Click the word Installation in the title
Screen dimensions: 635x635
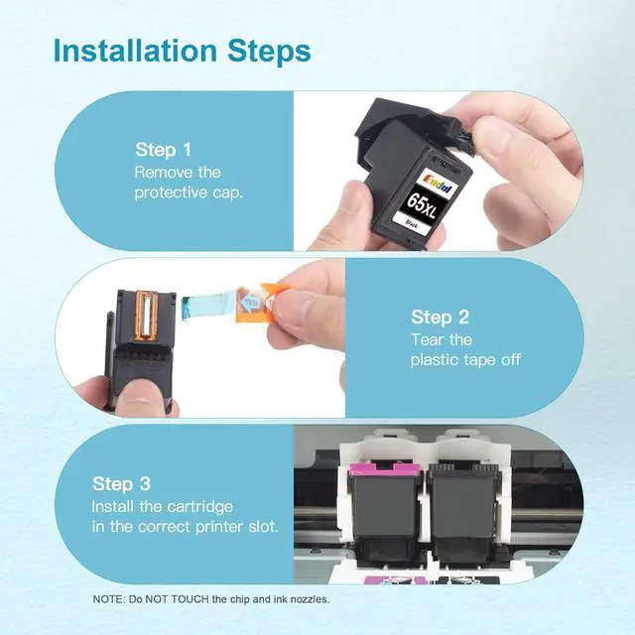tap(135, 51)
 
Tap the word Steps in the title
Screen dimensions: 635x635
tap(269, 51)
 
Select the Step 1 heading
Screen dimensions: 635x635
tap(163, 150)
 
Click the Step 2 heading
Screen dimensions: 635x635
tap(440, 317)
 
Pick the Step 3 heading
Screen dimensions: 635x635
tap(121, 483)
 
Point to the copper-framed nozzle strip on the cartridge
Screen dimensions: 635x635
tap(146, 316)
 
